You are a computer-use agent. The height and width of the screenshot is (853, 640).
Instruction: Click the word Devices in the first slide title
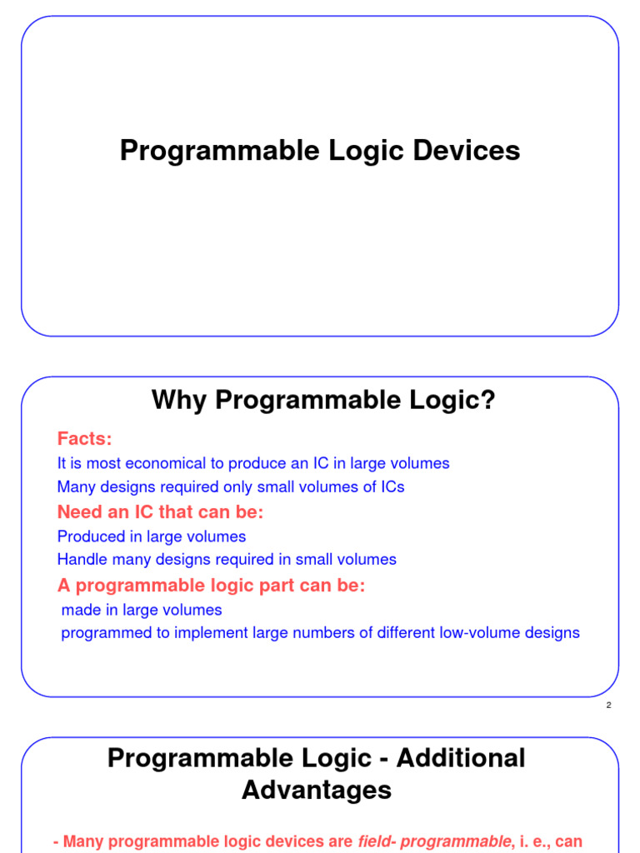[x=470, y=151]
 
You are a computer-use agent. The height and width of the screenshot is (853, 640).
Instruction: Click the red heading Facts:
[x=84, y=438]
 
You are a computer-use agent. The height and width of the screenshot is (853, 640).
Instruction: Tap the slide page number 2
[x=609, y=706]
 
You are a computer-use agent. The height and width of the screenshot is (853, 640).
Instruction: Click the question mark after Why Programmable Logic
[x=487, y=401]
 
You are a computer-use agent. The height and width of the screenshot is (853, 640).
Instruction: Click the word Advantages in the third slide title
[x=317, y=790]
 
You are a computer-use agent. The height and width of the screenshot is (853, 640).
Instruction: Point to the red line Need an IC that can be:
[x=160, y=511]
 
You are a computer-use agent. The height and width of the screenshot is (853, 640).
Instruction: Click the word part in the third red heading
[x=251, y=586]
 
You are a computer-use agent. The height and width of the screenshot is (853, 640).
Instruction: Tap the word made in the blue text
[x=80, y=610]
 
